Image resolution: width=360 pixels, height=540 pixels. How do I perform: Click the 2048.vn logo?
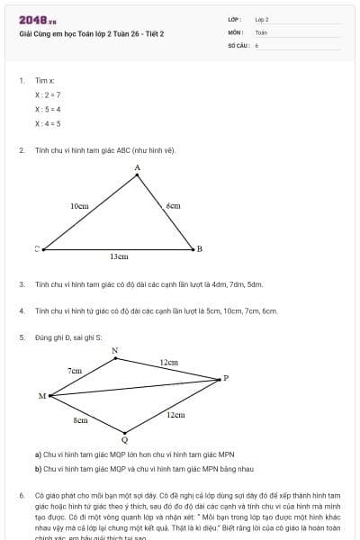coord(38,20)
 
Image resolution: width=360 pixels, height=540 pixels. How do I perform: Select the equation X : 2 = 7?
coord(48,94)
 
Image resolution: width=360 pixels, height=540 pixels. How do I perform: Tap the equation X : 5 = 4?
coord(48,109)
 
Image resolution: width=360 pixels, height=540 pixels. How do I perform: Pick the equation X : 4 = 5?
coord(48,123)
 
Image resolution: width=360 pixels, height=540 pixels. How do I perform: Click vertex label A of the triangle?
coord(137,168)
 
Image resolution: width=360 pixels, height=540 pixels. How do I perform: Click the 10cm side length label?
coord(79,206)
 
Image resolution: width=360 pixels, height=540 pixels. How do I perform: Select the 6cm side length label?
coord(173,206)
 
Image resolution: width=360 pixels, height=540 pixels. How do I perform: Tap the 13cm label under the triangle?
coord(119,256)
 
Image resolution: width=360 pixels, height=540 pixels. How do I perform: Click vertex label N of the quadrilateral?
coord(114,350)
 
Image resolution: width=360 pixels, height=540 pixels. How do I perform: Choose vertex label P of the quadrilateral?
coord(226,378)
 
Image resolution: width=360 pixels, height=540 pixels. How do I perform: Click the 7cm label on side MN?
coord(74,370)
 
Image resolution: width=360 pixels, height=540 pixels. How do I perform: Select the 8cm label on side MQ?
coord(80,420)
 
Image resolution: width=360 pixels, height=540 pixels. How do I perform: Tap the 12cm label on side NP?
coord(168,363)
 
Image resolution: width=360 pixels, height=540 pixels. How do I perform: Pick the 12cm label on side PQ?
coord(175,415)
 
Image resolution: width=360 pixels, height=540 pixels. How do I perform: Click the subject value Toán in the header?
coord(261,31)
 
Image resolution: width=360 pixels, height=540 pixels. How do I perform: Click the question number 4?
coord(21,310)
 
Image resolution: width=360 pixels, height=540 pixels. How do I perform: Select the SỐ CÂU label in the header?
coord(237,44)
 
